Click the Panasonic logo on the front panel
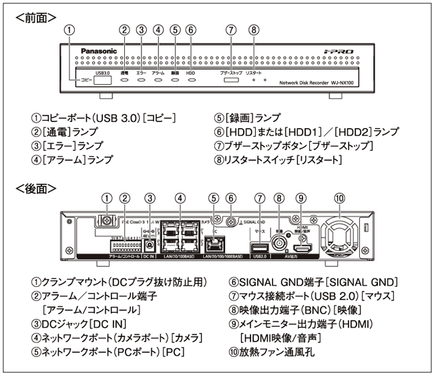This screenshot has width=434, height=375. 99,51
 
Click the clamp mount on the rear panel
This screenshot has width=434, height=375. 104,221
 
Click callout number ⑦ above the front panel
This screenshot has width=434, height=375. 231,29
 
